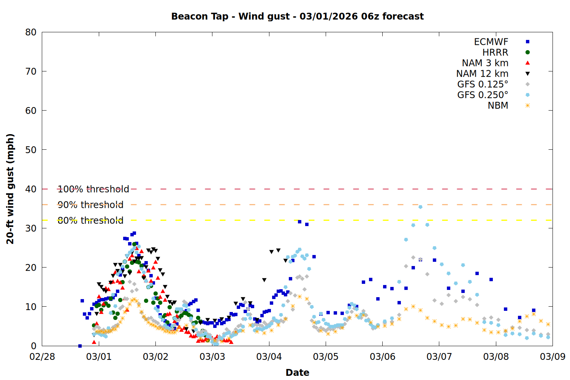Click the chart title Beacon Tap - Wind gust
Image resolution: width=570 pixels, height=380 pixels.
pyautogui.click(x=297, y=16)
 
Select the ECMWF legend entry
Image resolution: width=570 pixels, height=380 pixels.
pyautogui.click(x=491, y=42)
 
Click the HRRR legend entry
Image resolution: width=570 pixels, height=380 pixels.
pyautogui.click(x=495, y=52)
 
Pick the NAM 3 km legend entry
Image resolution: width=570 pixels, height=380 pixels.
pyautogui.click(x=485, y=63)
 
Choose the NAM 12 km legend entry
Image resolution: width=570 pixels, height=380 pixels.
pyautogui.click(x=482, y=74)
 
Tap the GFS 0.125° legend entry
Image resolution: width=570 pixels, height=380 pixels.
pyautogui.click(x=483, y=84)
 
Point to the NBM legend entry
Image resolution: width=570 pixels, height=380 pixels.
pyautogui.click(x=498, y=106)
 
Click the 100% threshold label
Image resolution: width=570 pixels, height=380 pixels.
pyautogui.click(x=93, y=189)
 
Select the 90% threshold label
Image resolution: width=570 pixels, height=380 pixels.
pyautogui.click(x=90, y=205)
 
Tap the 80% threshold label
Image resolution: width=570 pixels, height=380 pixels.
pyautogui.click(x=90, y=220)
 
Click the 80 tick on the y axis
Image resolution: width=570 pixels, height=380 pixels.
pyautogui.click(x=31, y=32)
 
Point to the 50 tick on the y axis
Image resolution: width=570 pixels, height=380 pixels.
pyautogui.click(x=31, y=150)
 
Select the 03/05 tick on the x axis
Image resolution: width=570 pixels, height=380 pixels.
pyautogui.click(x=326, y=357)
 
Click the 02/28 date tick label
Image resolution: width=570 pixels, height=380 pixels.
pyautogui.click(x=42, y=357)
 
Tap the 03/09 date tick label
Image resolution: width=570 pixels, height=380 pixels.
pyautogui.click(x=553, y=357)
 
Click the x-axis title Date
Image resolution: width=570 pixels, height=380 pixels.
pyautogui.click(x=297, y=372)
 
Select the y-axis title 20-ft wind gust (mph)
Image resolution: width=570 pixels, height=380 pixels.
pyautogui.click(x=10, y=189)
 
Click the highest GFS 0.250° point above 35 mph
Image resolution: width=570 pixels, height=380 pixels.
pyautogui.click(x=420, y=207)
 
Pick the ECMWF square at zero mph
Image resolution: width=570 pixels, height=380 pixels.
pyautogui.click(x=80, y=346)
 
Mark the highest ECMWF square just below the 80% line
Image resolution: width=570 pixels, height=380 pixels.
pyautogui.click(x=299, y=222)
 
